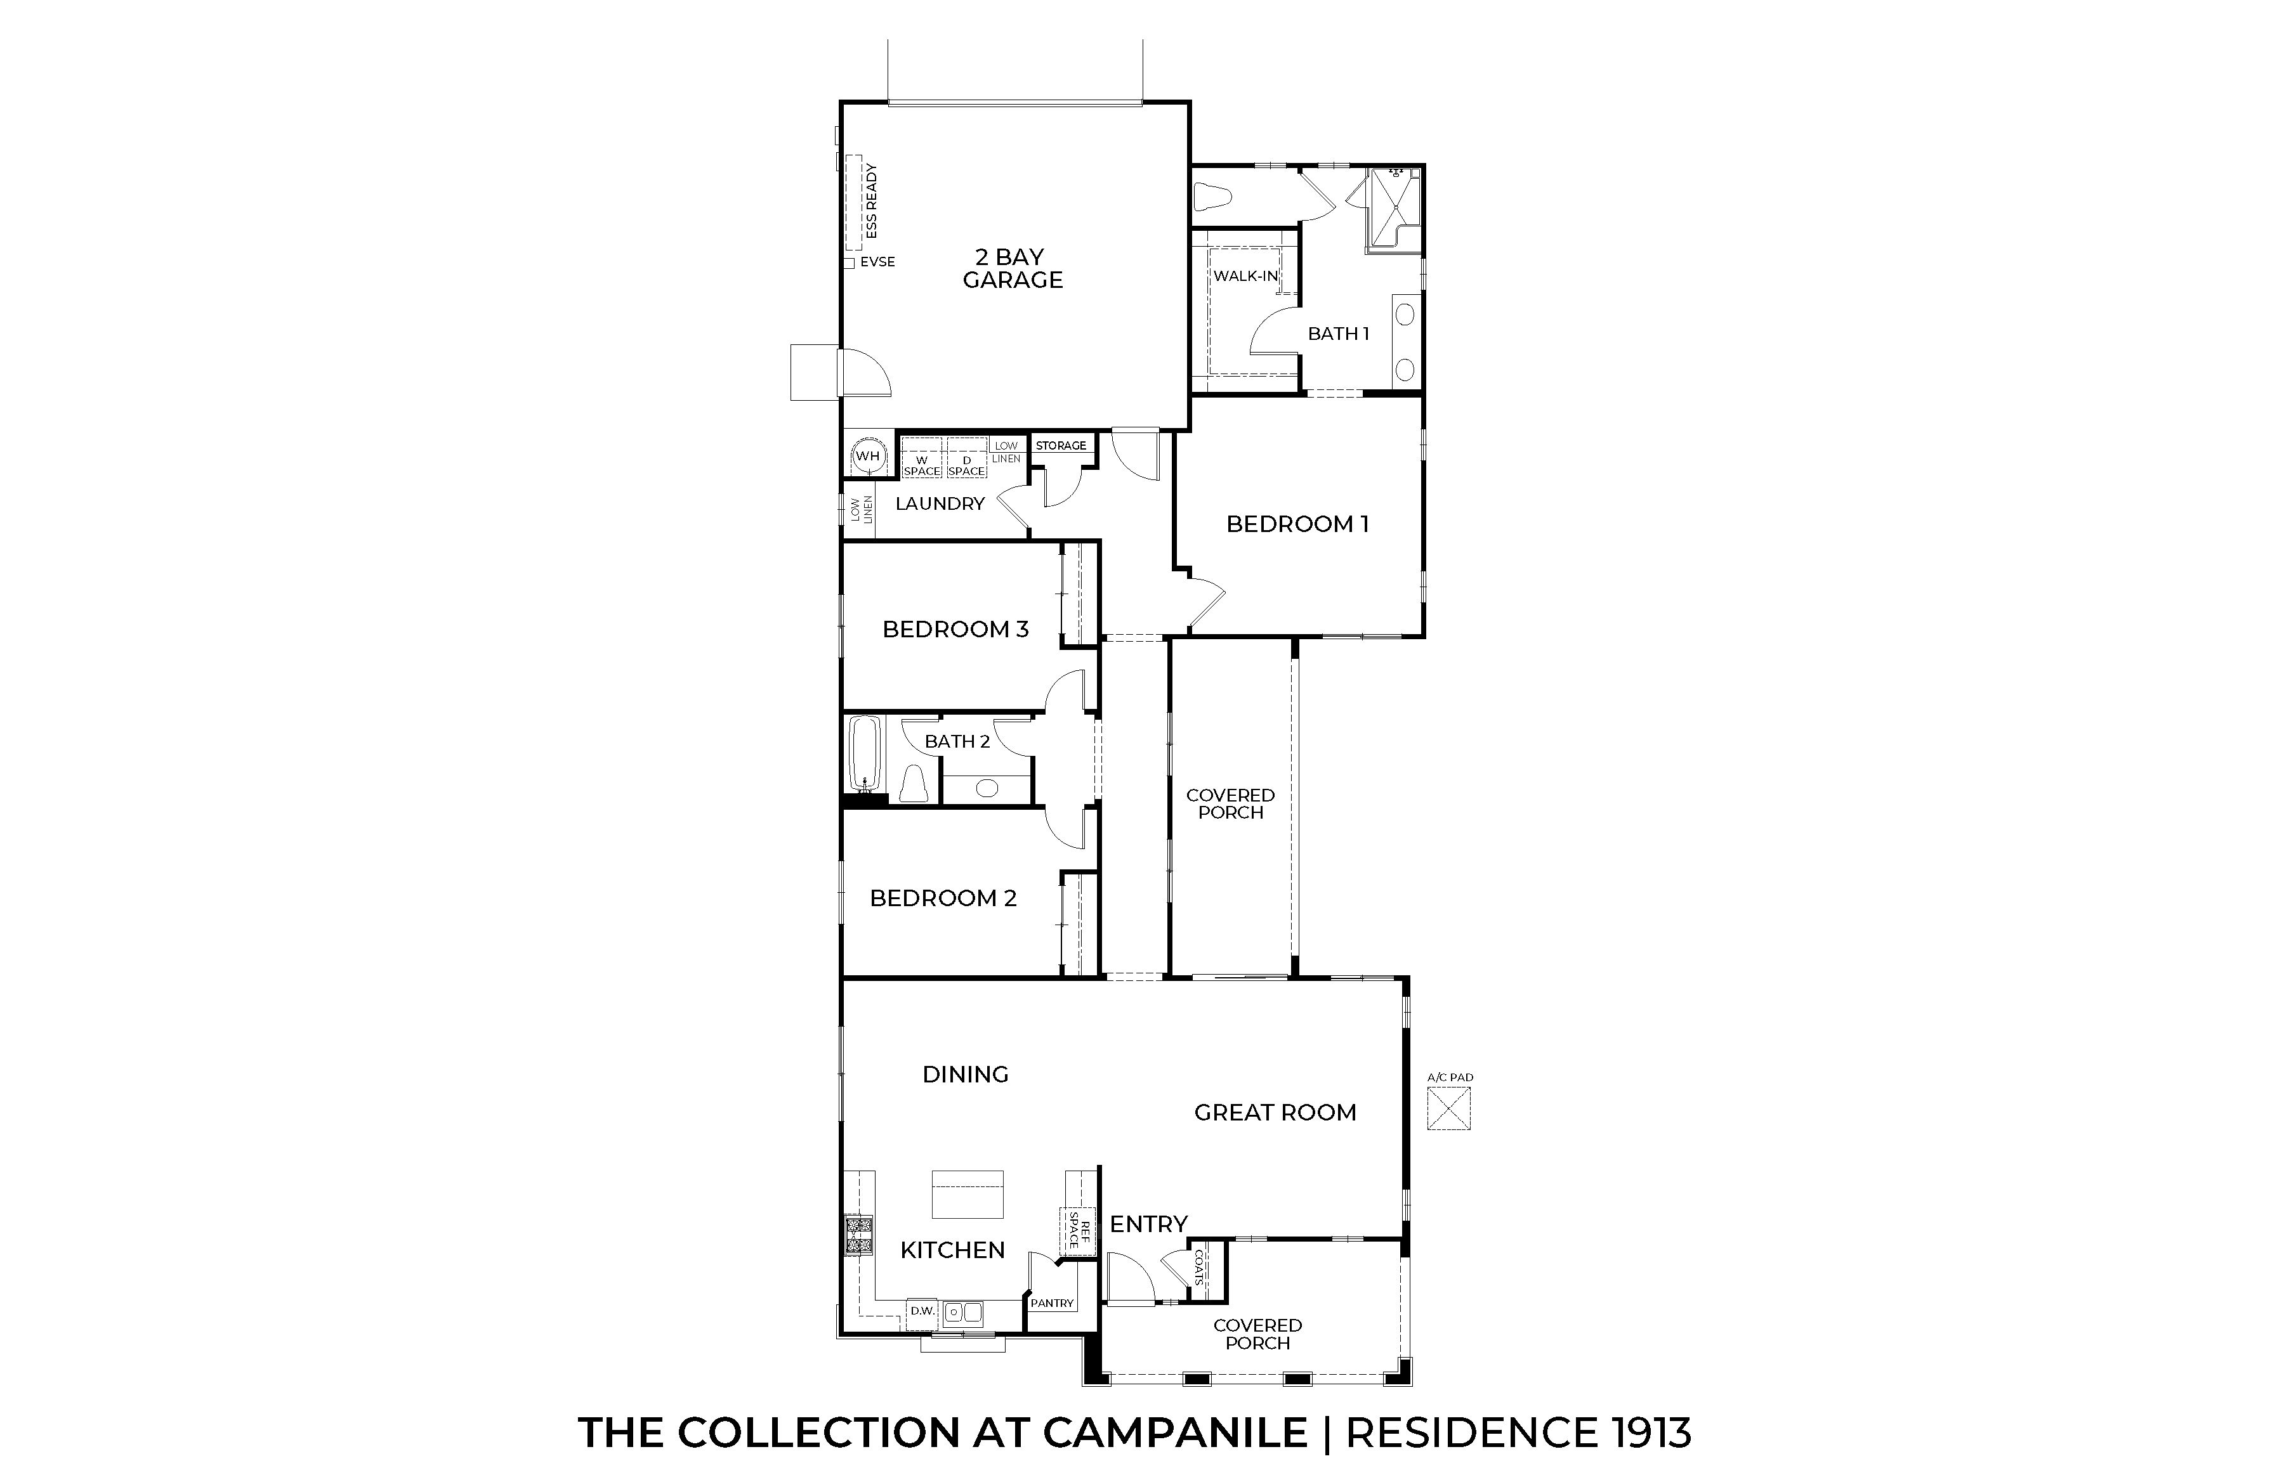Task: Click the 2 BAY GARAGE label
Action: tap(1013, 268)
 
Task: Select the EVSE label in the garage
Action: tap(877, 262)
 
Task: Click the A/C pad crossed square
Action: tap(1449, 1108)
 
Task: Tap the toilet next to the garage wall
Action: tap(1214, 197)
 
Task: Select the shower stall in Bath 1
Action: tap(1393, 211)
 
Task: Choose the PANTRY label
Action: tap(1053, 1304)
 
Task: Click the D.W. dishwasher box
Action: tap(922, 1311)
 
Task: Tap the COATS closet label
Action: tap(1198, 1268)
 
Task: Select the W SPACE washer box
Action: tap(921, 458)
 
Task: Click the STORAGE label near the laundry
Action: tap(1061, 445)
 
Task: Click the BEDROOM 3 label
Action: tap(955, 629)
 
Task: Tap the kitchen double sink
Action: tap(963, 1312)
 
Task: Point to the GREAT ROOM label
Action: tap(1275, 1113)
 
